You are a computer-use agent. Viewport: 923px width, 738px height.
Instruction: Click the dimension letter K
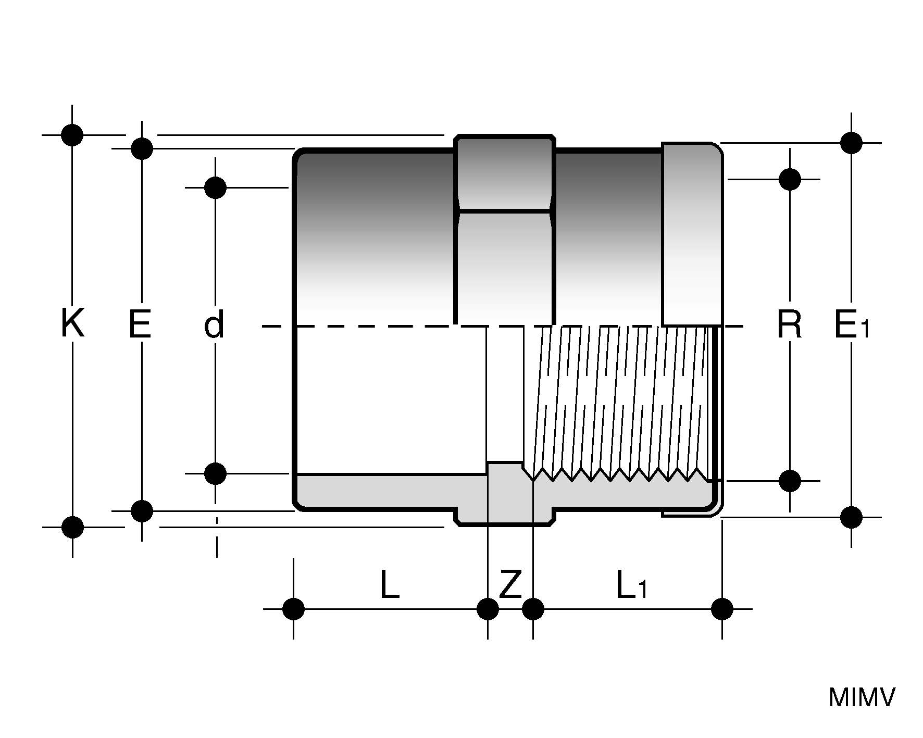coord(72,324)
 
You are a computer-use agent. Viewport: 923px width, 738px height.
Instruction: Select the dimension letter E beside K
coord(140,324)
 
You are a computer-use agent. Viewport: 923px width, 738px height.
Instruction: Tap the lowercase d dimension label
coord(215,324)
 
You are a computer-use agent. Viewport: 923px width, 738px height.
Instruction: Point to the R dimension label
coord(789,324)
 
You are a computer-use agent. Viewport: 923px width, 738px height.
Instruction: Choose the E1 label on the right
coord(852,324)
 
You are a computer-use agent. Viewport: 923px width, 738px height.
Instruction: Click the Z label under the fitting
coord(510,584)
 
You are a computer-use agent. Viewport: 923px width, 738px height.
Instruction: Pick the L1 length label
coord(631,584)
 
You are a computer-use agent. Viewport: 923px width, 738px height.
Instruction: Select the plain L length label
coord(390,584)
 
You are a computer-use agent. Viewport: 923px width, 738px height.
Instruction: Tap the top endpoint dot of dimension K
coord(72,135)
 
